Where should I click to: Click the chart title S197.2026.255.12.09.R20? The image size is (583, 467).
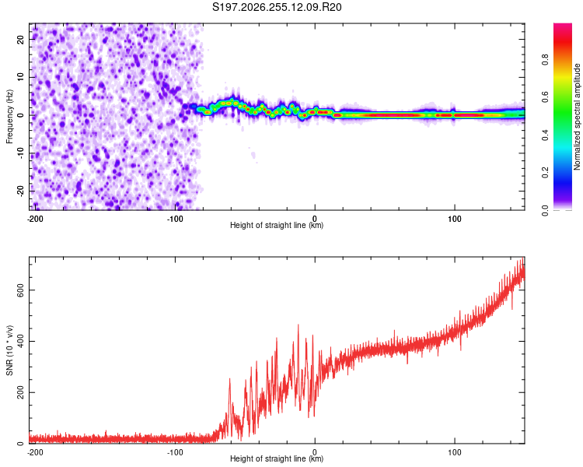(x=277, y=7)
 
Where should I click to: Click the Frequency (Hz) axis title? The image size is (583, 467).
(x=9, y=117)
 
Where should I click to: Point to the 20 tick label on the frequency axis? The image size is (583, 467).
(x=20, y=39)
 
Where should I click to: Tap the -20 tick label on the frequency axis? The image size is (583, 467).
(x=20, y=191)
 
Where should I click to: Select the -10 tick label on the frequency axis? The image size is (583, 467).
(x=20, y=153)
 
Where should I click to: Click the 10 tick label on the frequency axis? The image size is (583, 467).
(x=20, y=77)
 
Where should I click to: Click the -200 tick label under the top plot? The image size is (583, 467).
(x=35, y=219)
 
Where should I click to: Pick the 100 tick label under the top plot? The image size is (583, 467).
(x=455, y=219)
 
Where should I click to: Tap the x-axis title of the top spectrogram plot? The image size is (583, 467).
(x=277, y=225)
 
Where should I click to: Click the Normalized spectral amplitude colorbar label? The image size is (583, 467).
(x=577, y=117)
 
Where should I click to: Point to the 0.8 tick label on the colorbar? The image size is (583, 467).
(x=545, y=60)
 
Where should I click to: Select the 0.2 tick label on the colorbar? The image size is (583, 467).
(x=545, y=173)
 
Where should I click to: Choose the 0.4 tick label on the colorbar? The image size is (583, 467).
(x=545, y=135)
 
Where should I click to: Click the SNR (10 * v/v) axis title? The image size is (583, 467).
(x=9, y=350)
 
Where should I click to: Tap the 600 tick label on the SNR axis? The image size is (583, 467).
(x=20, y=290)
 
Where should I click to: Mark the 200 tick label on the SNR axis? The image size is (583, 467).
(x=20, y=392)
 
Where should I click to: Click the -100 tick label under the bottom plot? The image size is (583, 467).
(x=175, y=452)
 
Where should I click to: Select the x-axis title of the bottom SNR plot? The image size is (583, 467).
(x=277, y=458)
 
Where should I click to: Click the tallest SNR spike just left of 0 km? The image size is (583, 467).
(x=298, y=325)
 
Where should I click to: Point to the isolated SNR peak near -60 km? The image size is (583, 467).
(x=229, y=380)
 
